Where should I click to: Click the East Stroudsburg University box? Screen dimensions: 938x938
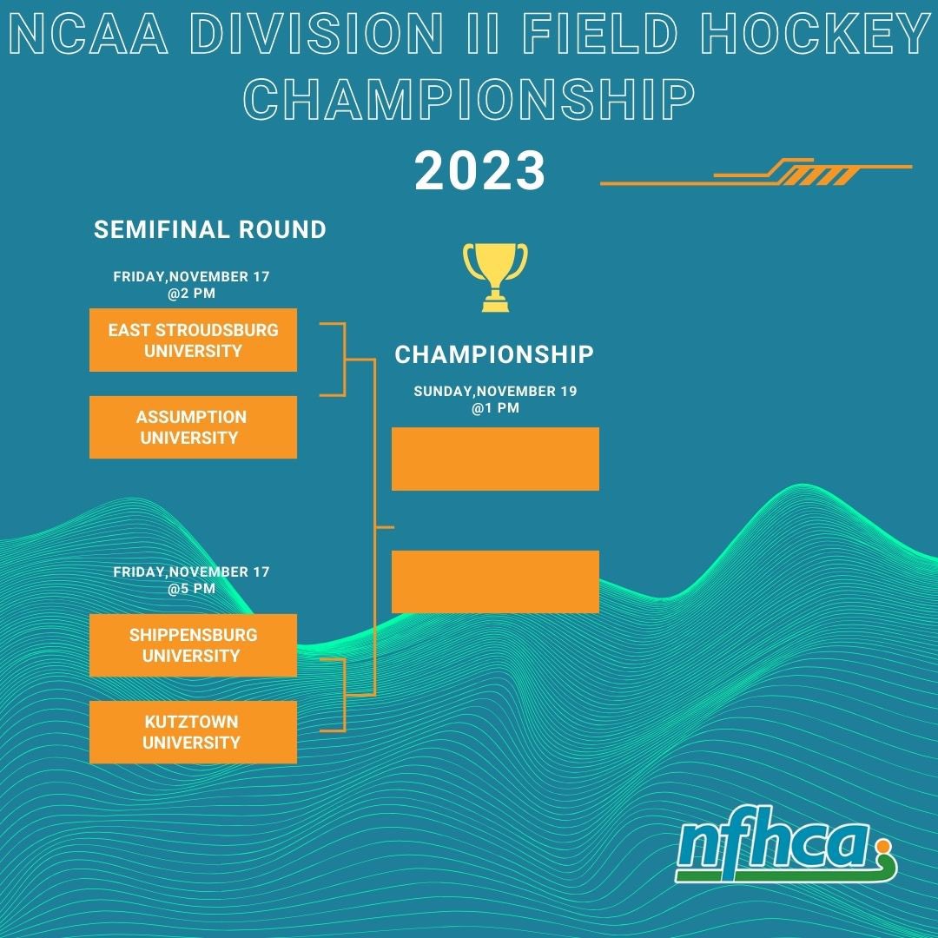(193, 340)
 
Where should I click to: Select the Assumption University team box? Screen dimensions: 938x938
(193, 427)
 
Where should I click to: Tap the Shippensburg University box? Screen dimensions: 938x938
(193, 645)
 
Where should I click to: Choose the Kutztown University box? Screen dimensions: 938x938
(193, 732)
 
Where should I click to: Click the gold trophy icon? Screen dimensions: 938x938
(495, 276)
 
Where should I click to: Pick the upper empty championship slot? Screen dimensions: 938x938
(495, 459)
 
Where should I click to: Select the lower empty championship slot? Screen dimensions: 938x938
(495, 582)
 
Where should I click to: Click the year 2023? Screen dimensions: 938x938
(479, 171)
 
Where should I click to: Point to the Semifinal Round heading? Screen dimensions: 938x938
(210, 229)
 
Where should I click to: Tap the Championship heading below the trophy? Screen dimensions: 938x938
(494, 354)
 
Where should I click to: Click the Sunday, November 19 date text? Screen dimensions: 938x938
(495, 392)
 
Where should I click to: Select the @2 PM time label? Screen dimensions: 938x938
(192, 294)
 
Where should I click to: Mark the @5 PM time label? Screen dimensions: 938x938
(192, 588)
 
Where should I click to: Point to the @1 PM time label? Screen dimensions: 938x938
(495, 407)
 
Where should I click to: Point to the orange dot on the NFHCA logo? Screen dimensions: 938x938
(884, 842)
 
